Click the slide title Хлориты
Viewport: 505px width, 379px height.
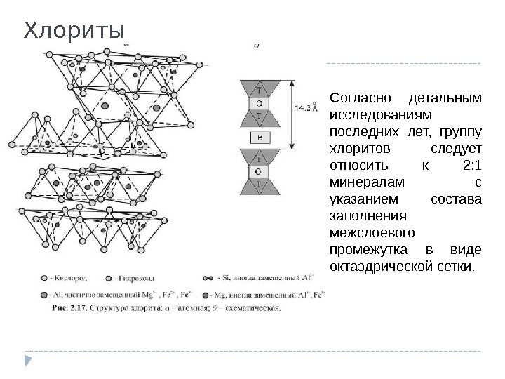pyautogui.click(x=74, y=31)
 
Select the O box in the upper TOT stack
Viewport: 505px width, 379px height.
pyautogui.click(x=259, y=103)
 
